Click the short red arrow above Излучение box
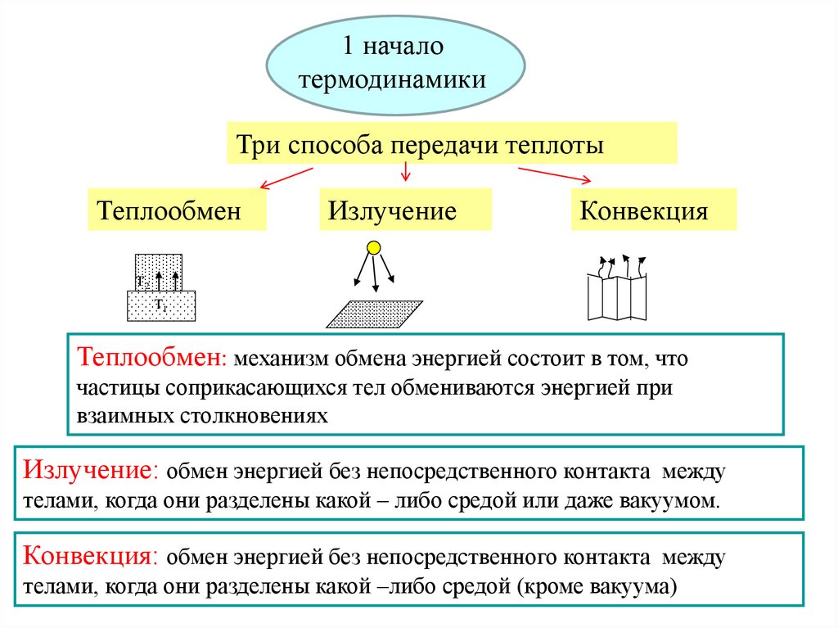coord(404,171)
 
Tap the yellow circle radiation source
coord(373,246)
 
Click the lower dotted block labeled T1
coord(161,306)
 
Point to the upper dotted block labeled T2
coord(159,271)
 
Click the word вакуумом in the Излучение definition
coord(678,500)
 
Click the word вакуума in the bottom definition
coord(630,586)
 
